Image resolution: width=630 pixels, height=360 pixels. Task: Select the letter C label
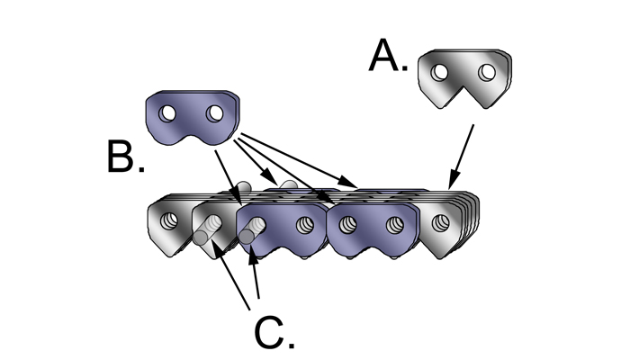click(273, 332)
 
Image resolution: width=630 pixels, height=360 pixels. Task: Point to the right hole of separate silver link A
click(487, 71)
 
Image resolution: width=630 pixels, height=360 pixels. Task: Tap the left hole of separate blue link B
click(166, 114)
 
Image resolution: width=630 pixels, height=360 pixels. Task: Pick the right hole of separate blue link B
click(214, 114)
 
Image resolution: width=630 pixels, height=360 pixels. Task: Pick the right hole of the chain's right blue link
click(394, 224)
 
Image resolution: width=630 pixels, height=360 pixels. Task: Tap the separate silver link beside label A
click(463, 80)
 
